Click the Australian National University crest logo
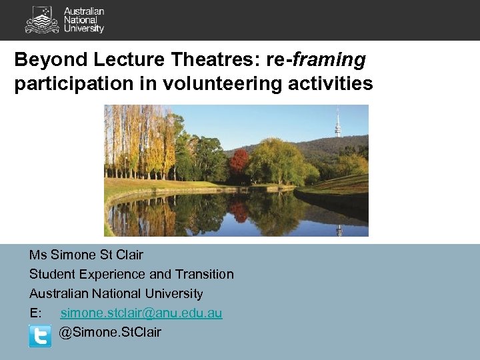pos(41,19)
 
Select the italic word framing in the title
pos(330,61)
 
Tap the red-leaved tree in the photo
pos(239,162)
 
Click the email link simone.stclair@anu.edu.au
pos(141,313)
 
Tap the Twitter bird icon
pos(40,335)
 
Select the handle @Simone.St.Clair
pos(110,332)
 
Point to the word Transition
pos(204,274)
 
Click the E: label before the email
pos(35,313)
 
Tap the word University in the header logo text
pos(84,29)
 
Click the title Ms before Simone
pos(37,255)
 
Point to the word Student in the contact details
pos(51,274)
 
